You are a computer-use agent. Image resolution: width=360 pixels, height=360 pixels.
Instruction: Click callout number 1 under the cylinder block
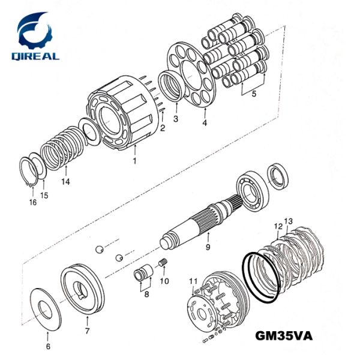pyautogui.click(x=134, y=161)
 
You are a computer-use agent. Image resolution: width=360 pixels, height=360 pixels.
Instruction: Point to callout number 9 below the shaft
pyautogui.click(x=208, y=246)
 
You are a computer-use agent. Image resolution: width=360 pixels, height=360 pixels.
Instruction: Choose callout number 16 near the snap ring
pyautogui.click(x=33, y=202)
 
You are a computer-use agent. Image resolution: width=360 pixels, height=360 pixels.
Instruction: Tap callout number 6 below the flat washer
pyautogui.click(x=48, y=346)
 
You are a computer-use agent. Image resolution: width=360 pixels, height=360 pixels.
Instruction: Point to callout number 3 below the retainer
pyautogui.click(x=176, y=119)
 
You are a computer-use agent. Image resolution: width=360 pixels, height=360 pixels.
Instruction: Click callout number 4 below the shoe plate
pyautogui.click(x=205, y=123)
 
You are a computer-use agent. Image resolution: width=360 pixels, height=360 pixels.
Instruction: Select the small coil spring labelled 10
pyautogui.click(x=163, y=263)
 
